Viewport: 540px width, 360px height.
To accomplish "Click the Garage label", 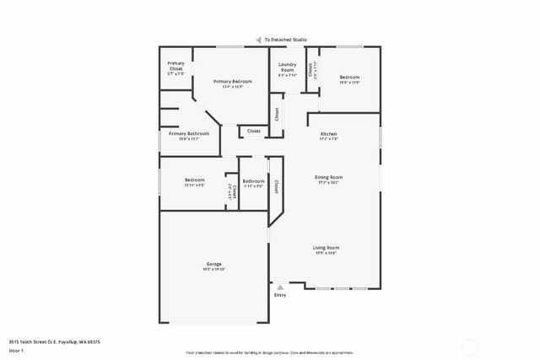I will tap(213, 264).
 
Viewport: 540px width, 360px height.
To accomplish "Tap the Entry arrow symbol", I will tap(281, 287).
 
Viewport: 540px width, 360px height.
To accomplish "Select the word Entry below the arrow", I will tap(281, 295).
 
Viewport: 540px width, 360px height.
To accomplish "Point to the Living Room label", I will tap(326, 247).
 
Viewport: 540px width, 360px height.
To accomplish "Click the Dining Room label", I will tap(328, 176).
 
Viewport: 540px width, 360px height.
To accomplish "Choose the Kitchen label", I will tap(328, 134).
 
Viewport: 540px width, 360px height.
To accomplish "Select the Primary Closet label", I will tap(175, 66).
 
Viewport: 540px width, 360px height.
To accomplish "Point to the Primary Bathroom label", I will tap(189, 134).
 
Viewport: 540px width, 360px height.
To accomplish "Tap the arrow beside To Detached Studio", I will tap(258, 40).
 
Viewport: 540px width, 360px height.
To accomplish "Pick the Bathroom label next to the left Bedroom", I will tap(254, 180).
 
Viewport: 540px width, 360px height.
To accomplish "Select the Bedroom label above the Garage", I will tap(195, 180).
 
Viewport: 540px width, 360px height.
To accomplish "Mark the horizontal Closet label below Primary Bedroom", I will tap(254, 131).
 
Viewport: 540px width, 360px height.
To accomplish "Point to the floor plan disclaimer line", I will tap(270, 352).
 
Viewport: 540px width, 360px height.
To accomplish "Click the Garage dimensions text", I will tap(213, 269).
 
